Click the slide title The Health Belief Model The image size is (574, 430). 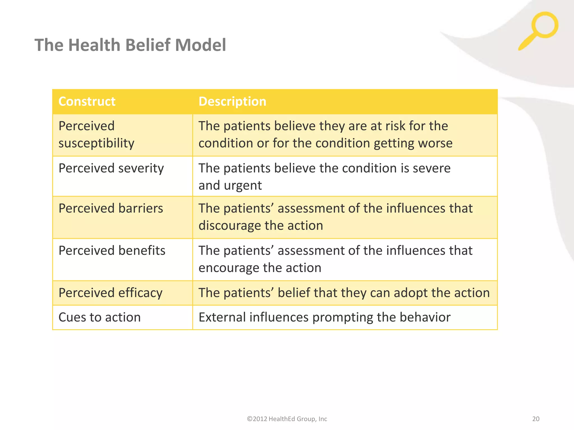[x=130, y=45]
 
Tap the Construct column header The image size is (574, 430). [x=87, y=101]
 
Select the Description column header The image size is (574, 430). [x=232, y=101]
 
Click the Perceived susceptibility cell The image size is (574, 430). [x=96, y=135]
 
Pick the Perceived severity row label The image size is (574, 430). [x=111, y=169]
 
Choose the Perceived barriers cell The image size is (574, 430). [x=111, y=209]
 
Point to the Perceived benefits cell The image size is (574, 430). [x=112, y=251]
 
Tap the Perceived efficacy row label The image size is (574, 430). [x=110, y=293]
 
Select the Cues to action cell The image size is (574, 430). [x=99, y=317]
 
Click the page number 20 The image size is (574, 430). [x=536, y=419]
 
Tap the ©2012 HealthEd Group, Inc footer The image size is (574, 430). [x=287, y=419]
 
